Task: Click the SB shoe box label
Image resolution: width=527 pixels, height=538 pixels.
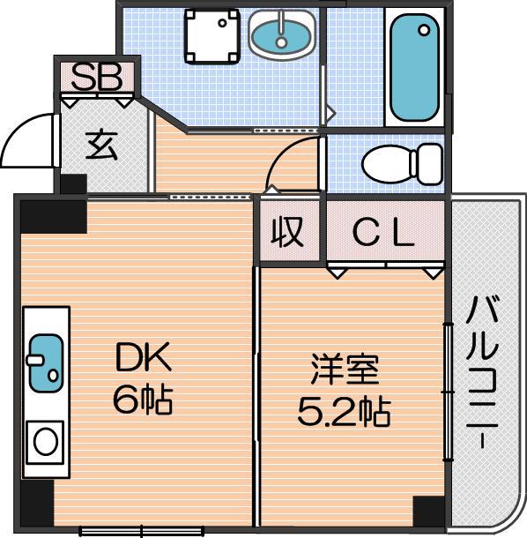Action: click(97, 77)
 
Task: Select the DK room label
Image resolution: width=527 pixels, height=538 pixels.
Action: click(144, 357)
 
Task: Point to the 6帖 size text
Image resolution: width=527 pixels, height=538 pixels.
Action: click(143, 400)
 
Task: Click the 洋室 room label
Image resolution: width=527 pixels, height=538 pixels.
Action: click(345, 370)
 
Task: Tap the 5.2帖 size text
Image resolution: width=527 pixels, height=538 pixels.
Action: click(344, 411)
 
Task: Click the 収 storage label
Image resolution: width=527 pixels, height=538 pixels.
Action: click(287, 233)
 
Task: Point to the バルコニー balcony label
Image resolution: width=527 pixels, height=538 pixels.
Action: click(482, 371)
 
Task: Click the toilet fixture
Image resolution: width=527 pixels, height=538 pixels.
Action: click(403, 164)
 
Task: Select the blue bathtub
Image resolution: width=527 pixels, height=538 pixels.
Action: click(414, 67)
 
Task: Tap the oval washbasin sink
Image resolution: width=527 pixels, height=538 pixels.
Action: click(281, 35)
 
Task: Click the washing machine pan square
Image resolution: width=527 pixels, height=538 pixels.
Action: click(212, 37)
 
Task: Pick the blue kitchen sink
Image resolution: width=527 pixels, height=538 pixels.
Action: click(47, 363)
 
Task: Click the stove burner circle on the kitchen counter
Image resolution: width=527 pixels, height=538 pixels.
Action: click(45, 442)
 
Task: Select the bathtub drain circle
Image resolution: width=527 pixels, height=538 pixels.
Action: click(424, 30)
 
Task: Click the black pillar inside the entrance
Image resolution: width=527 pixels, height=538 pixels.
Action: click(73, 184)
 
